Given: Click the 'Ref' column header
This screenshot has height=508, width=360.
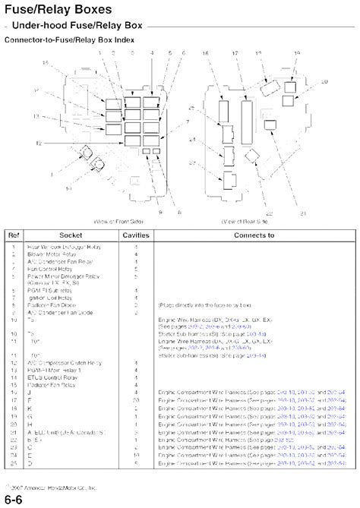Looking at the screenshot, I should pos(14,236).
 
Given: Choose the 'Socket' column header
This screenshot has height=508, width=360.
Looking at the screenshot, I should pos(70,236).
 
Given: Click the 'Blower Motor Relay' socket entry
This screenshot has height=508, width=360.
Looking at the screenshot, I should pos(54,254).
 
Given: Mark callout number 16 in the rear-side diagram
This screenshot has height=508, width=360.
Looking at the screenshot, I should pos(206,53).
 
